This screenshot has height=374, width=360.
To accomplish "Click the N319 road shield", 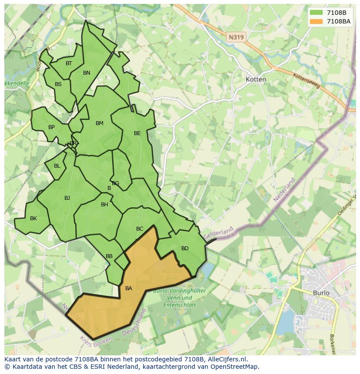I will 236,37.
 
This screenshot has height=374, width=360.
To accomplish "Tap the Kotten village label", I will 256,79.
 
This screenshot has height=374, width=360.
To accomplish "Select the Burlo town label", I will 321,293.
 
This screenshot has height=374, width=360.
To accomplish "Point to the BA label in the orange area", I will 129,288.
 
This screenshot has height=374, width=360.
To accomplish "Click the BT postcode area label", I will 69,63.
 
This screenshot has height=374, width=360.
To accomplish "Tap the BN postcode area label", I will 87,73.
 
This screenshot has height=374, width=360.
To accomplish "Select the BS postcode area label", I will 58,84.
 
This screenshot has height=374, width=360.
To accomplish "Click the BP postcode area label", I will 52,127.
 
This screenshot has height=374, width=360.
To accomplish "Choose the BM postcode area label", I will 100,123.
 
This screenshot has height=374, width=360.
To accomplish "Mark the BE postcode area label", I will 137,133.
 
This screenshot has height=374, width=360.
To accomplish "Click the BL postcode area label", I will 57,166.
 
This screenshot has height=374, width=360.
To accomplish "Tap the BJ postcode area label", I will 67,198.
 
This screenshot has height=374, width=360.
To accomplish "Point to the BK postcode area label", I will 33,218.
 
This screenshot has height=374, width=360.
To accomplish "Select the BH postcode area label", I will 104,205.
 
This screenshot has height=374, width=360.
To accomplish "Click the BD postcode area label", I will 185,248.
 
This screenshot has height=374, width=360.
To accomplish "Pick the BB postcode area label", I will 109,256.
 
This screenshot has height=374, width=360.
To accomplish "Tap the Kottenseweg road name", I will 306,80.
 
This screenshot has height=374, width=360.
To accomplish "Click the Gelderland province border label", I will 218,232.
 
